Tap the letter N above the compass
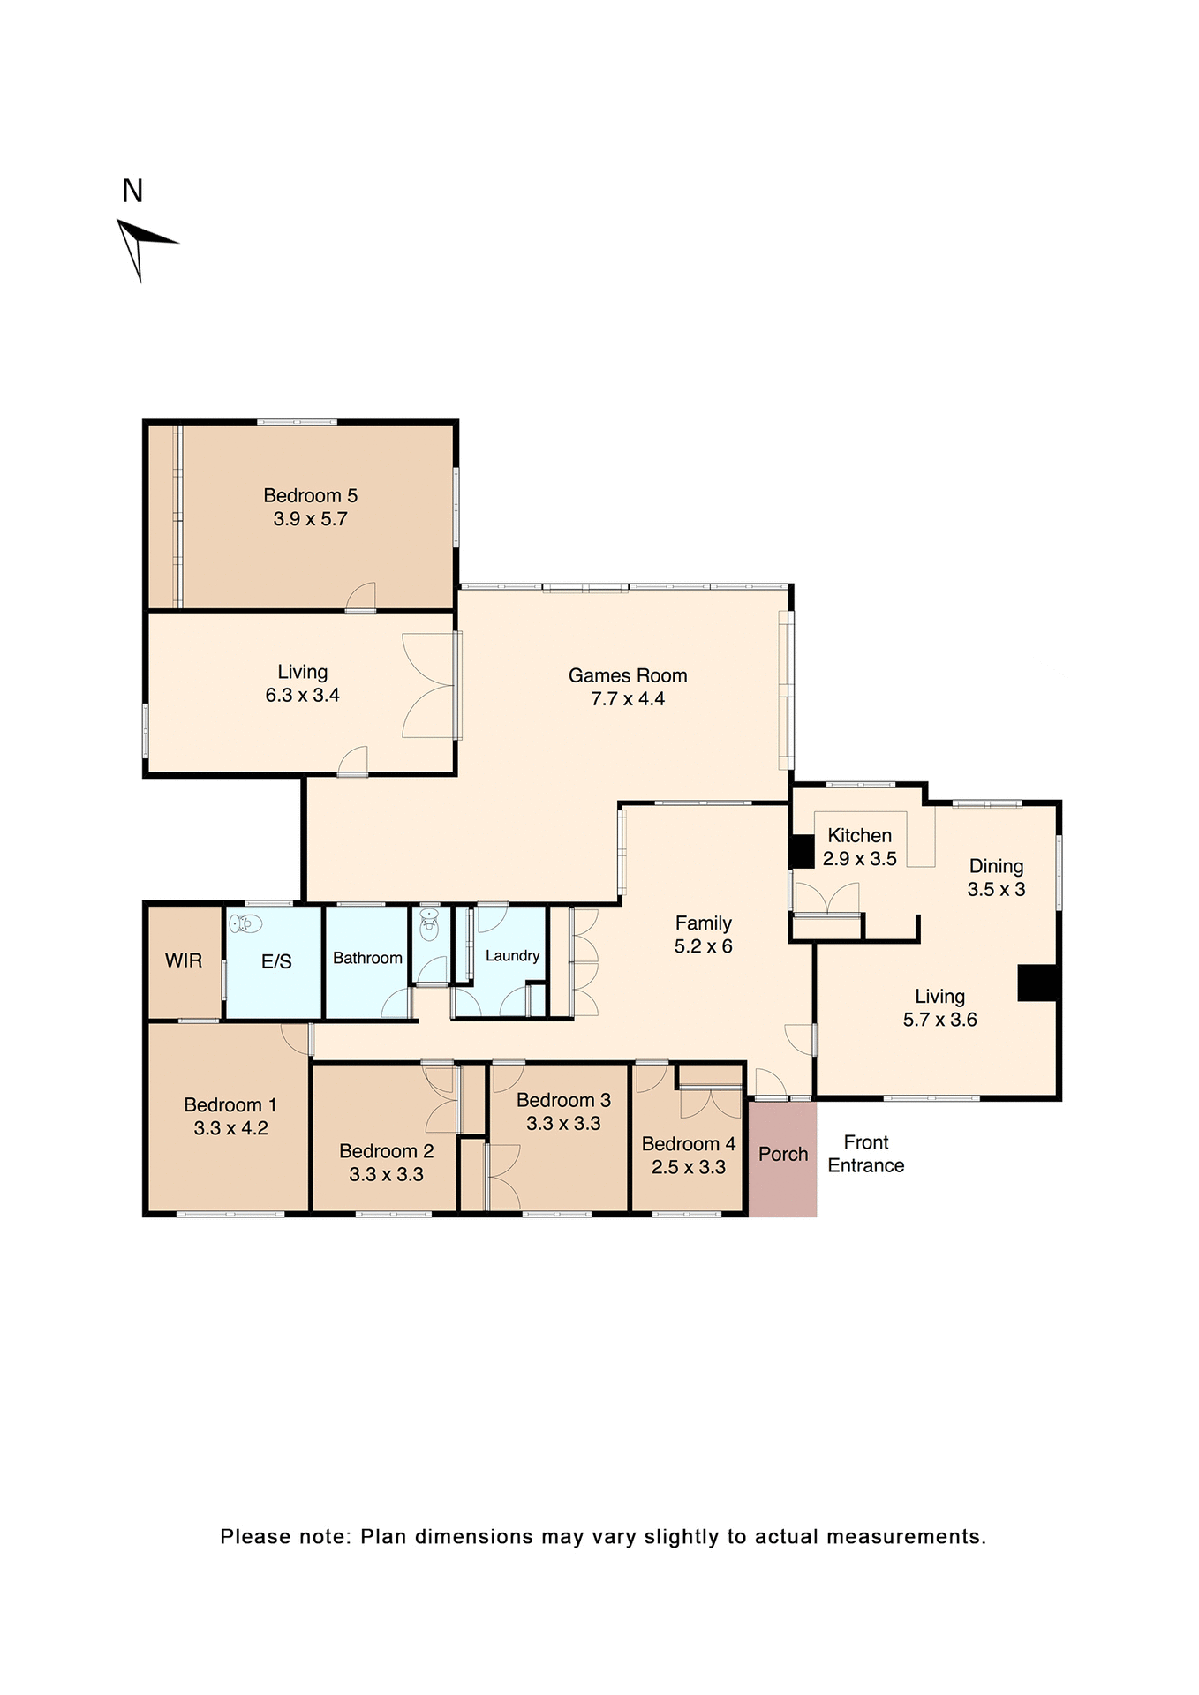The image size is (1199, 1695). (132, 191)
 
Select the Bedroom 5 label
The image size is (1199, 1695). (310, 496)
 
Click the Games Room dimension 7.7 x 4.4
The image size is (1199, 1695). (628, 699)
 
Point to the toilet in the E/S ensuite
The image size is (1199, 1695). (245, 924)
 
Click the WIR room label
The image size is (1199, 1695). (184, 960)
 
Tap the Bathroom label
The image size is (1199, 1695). (367, 959)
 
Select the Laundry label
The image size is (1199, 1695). (512, 956)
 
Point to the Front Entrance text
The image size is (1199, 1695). (865, 1154)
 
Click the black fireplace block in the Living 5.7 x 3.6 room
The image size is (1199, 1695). (1037, 983)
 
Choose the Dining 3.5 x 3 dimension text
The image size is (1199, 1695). (996, 890)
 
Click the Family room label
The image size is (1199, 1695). (703, 923)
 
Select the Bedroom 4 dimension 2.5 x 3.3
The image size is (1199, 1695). (688, 1168)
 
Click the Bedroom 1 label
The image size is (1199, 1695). (230, 1105)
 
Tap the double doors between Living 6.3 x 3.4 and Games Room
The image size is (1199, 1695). (430, 686)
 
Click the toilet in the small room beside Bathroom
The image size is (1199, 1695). (429, 927)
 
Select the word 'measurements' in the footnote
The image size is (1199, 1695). (904, 1537)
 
